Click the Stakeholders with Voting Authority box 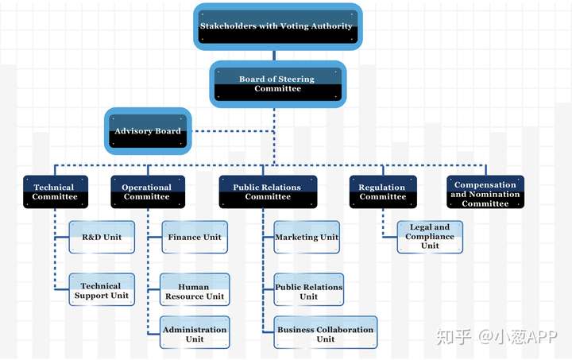(277, 27)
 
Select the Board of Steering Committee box (277, 84)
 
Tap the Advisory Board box (148, 131)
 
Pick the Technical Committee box (56, 192)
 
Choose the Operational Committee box (148, 192)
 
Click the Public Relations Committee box (269, 192)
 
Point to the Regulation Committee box (383, 192)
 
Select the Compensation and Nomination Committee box (485, 192)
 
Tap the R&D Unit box (102, 237)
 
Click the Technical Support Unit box (102, 289)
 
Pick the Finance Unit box (195, 237)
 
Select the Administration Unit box (195, 332)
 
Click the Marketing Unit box (307, 237)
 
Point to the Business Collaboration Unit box (326, 332)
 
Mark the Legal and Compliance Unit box (430, 237)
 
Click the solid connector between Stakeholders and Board (274, 56)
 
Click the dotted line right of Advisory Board (233, 131)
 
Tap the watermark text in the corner (497, 337)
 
